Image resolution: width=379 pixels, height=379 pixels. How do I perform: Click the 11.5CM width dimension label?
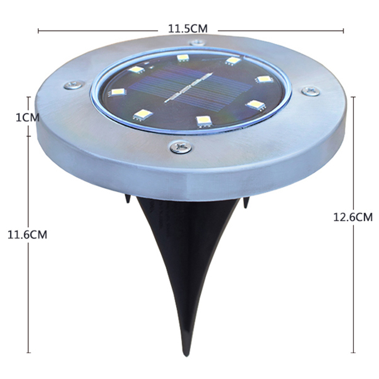click(x=188, y=29)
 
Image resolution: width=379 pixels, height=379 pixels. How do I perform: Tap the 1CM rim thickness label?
click(x=28, y=118)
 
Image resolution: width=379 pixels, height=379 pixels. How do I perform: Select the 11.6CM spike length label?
click(x=27, y=235)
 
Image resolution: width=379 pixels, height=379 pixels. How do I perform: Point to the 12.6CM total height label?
click(x=353, y=217)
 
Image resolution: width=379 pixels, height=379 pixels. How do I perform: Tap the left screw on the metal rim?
click(x=73, y=85)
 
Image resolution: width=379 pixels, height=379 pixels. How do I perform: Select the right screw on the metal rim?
click(x=311, y=92)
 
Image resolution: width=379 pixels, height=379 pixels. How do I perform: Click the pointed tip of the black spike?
click(x=186, y=355)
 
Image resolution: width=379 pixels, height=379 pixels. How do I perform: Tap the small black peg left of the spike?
click(x=128, y=199)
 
